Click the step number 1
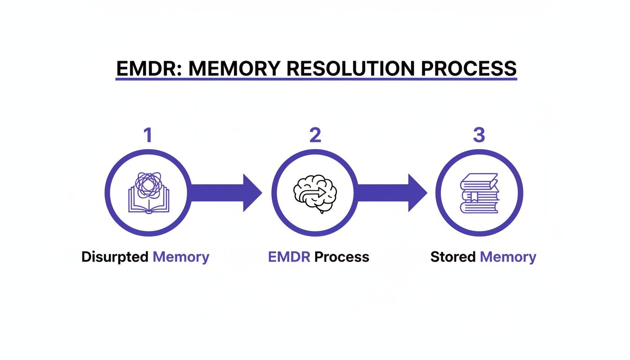(148, 135)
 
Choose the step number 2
(315, 135)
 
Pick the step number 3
(479, 135)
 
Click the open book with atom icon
(148, 193)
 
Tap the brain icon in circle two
(315, 193)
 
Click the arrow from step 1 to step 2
(225, 193)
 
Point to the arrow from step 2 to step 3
(391, 193)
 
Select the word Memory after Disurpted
(181, 257)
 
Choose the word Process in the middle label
(342, 257)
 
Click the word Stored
(453, 257)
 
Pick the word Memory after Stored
(508, 257)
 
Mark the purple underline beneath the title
(316, 79)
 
